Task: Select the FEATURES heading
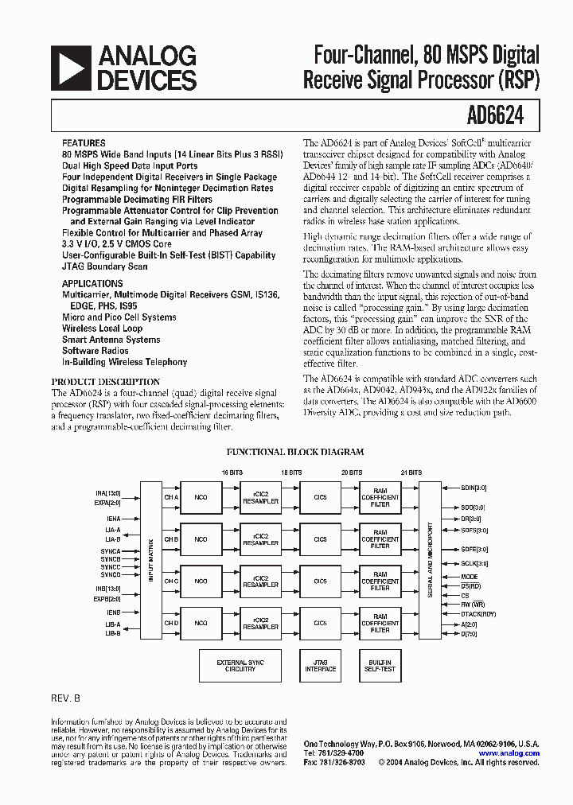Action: [84, 144]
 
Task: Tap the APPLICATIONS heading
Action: [92, 283]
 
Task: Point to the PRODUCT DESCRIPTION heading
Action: [106, 382]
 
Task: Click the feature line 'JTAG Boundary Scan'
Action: [104, 266]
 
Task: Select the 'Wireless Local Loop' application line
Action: [102, 328]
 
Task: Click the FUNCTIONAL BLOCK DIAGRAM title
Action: [295, 452]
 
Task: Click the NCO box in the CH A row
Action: [201, 497]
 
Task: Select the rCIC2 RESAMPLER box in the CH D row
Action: [261, 624]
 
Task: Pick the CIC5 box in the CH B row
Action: [320, 539]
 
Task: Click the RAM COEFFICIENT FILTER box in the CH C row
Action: [380, 581]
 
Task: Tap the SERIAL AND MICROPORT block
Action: [430, 561]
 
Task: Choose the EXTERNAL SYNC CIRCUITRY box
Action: [240, 666]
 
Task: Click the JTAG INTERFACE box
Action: [320, 666]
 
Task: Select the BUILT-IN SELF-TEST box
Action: [380, 666]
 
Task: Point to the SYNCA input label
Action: [111, 551]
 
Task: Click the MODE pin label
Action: [470, 577]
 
